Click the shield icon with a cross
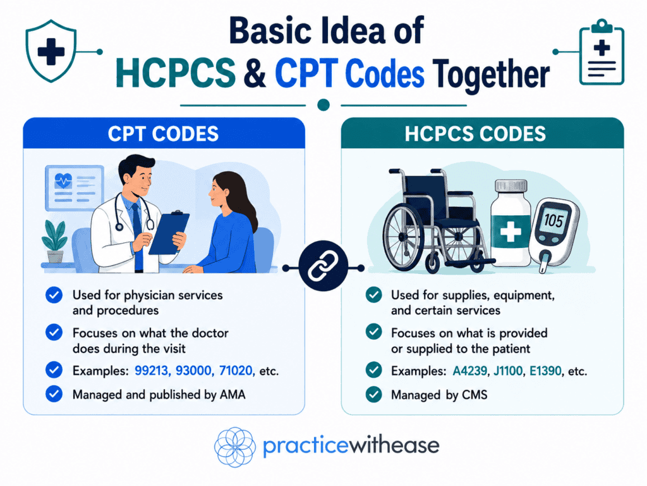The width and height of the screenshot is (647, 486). [51, 51]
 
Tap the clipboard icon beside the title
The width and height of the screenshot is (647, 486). [602, 52]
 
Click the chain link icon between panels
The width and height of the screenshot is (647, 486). [323, 266]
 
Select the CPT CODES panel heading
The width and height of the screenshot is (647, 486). [164, 134]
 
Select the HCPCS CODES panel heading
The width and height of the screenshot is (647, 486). [475, 134]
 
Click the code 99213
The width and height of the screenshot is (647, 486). [152, 370]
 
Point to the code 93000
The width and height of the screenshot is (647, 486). [193, 370]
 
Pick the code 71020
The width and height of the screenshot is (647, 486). [236, 370]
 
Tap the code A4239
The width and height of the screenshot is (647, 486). [470, 370]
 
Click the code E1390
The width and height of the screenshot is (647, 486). [545, 370]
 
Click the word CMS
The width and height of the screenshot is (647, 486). [475, 395]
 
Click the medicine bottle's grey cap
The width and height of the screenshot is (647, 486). [511, 186]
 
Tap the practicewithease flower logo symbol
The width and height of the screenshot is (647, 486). [235, 447]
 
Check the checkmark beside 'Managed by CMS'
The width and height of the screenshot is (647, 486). [374, 394]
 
